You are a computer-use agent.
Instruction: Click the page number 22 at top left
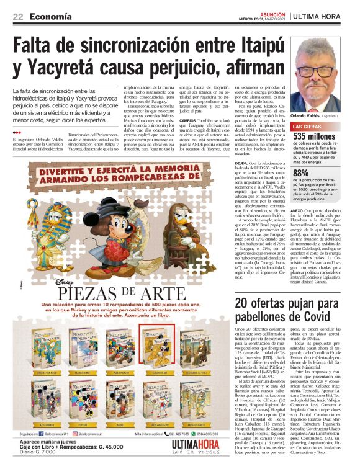(x=19, y=16)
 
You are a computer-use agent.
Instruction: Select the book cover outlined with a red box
(x=153, y=342)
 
